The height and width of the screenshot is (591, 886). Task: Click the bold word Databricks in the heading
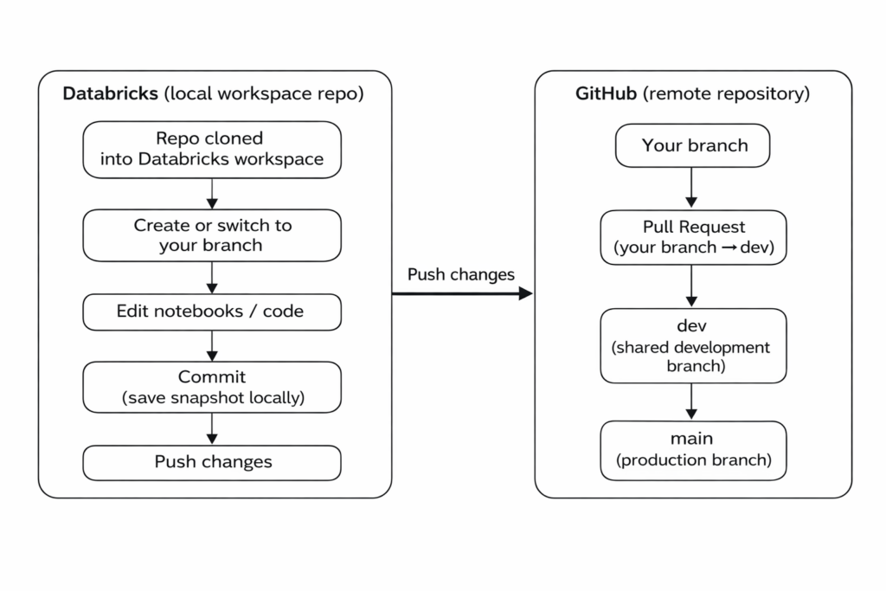click(x=110, y=93)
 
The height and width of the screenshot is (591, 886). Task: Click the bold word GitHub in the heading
click(x=606, y=93)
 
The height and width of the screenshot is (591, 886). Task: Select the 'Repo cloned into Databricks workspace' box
click(x=212, y=150)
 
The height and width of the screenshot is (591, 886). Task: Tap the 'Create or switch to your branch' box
click(x=212, y=235)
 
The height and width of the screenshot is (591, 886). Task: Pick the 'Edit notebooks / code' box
click(x=212, y=312)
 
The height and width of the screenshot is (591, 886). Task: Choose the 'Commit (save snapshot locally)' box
click(x=212, y=387)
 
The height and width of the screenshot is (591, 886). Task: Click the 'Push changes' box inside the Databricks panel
click(x=212, y=463)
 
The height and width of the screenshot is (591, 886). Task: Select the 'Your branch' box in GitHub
click(x=692, y=145)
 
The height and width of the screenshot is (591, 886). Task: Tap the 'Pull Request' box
click(x=693, y=237)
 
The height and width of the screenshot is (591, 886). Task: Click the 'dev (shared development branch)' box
click(x=693, y=346)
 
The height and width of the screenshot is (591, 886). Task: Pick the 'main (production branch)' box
click(x=693, y=450)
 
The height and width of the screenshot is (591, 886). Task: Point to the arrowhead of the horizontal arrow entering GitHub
click(x=526, y=293)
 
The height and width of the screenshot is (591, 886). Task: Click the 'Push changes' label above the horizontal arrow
click(x=461, y=274)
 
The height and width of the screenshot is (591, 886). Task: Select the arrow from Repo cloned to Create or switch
click(x=212, y=194)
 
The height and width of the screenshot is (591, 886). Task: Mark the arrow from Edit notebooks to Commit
click(x=212, y=346)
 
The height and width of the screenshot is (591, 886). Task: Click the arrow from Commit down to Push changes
click(x=212, y=429)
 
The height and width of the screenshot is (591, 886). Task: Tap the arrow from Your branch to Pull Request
click(x=691, y=188)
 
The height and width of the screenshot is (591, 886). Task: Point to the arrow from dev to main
click(x=691, y=401)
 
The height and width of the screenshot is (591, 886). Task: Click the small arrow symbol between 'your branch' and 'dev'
click(x=729, y=247)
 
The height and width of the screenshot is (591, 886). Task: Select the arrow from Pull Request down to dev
click(x=691, y=286)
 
